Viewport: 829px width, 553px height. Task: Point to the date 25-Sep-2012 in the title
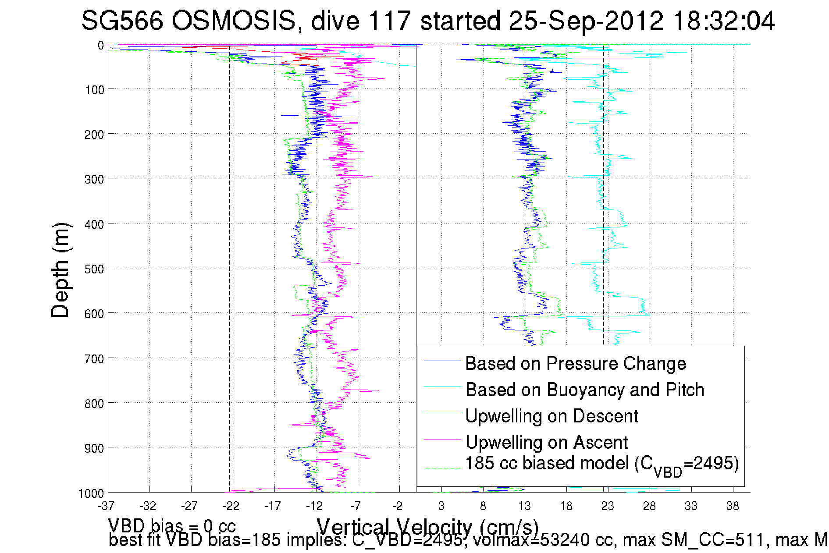click(586, 21)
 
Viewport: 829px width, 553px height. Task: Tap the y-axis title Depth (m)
click(60, 270)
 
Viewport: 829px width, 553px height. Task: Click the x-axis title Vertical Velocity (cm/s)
click(427, 526)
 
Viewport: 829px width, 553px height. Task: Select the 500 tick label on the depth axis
click(94, 269)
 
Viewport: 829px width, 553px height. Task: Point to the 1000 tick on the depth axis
click(91, 493)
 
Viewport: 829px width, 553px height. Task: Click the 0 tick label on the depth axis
click(101, 45)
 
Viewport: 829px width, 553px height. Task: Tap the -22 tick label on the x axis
click(231, 506)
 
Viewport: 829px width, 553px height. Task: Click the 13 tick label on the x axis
click(524, 506)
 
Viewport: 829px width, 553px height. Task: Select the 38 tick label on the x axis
click(733, 506)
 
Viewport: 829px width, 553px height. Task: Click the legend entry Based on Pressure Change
click(575, 363)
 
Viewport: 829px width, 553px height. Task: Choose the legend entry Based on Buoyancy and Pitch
click(584, 390)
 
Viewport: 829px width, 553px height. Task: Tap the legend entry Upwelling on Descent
click(551, 416)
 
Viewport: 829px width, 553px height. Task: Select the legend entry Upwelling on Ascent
click(546, 442)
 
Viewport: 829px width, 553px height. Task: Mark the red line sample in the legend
click(442, 413)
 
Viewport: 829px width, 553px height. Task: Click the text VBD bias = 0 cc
click(172, 525)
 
